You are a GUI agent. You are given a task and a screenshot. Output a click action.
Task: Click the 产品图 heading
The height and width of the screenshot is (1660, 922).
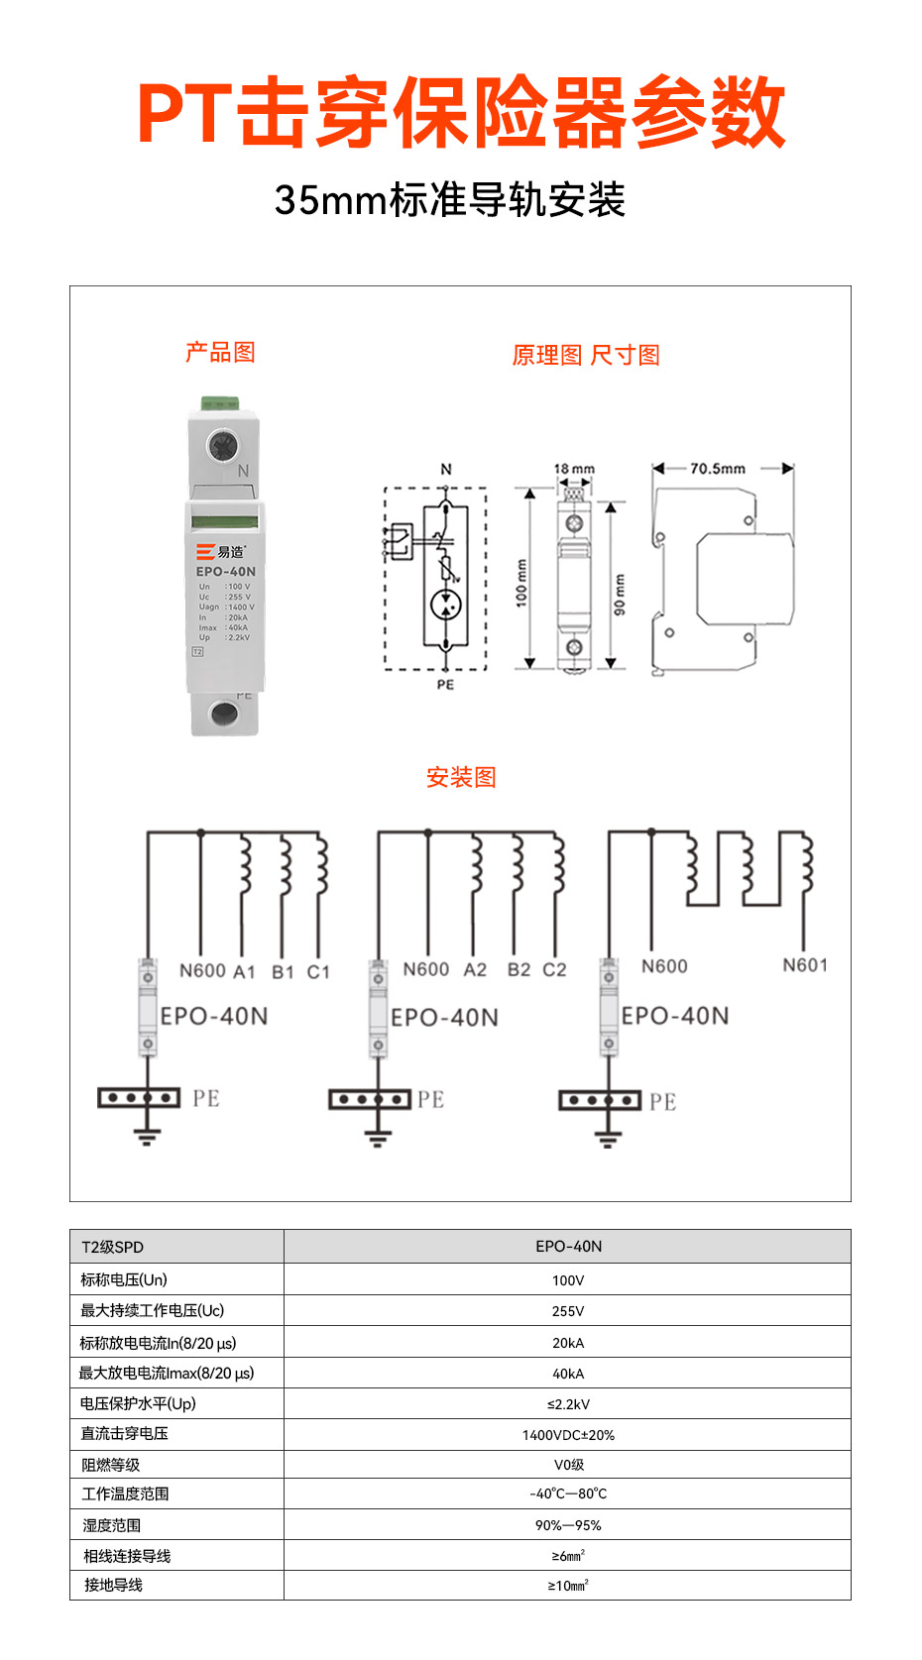coord(220,352)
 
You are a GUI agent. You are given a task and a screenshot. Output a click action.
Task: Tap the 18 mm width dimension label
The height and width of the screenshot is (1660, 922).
coord(574,469)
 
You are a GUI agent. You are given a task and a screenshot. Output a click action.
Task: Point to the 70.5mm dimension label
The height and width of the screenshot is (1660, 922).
coord(718,468)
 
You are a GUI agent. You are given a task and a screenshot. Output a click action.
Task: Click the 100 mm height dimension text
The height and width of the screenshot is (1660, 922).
coord(521,584)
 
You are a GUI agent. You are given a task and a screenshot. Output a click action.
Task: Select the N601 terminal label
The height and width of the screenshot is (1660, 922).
coord(804,965)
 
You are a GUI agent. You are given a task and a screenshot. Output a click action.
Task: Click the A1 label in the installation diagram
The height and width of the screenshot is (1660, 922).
coord(244,972)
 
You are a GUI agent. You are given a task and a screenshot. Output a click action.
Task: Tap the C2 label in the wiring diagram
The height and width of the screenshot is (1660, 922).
coord(554,970)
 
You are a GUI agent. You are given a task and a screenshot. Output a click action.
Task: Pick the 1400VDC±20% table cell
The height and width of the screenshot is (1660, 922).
coord(568,1435)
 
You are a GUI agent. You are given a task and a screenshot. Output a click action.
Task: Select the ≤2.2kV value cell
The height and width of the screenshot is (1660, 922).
coord(568,1404)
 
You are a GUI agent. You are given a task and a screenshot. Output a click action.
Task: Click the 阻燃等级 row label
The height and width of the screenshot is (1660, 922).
coord(111,1465)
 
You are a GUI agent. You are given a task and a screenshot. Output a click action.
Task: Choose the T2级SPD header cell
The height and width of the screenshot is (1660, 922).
coord(113,1247)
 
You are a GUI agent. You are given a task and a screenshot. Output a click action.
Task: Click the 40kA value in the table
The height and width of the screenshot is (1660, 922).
coord(568,1374)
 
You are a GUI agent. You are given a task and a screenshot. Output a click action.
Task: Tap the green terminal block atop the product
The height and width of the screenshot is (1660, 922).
coord(220,403)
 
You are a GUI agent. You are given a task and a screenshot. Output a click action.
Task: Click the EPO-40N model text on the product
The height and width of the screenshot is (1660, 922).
coord(226,572)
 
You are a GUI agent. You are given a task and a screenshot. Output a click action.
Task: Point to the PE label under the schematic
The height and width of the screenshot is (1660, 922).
coord(445,685)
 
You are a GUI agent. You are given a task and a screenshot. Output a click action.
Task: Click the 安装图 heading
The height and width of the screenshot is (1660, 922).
coord(461,777)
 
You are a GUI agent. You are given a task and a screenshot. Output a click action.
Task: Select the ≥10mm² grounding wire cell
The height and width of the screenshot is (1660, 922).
coord(568,1586)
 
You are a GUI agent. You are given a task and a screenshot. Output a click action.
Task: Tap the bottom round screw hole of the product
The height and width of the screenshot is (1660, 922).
coord(224,713)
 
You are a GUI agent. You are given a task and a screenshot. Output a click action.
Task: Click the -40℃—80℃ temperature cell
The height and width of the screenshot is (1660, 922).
coord(568,1494)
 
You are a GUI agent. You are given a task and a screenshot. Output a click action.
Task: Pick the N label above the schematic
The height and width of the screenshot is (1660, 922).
coord(446,469)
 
